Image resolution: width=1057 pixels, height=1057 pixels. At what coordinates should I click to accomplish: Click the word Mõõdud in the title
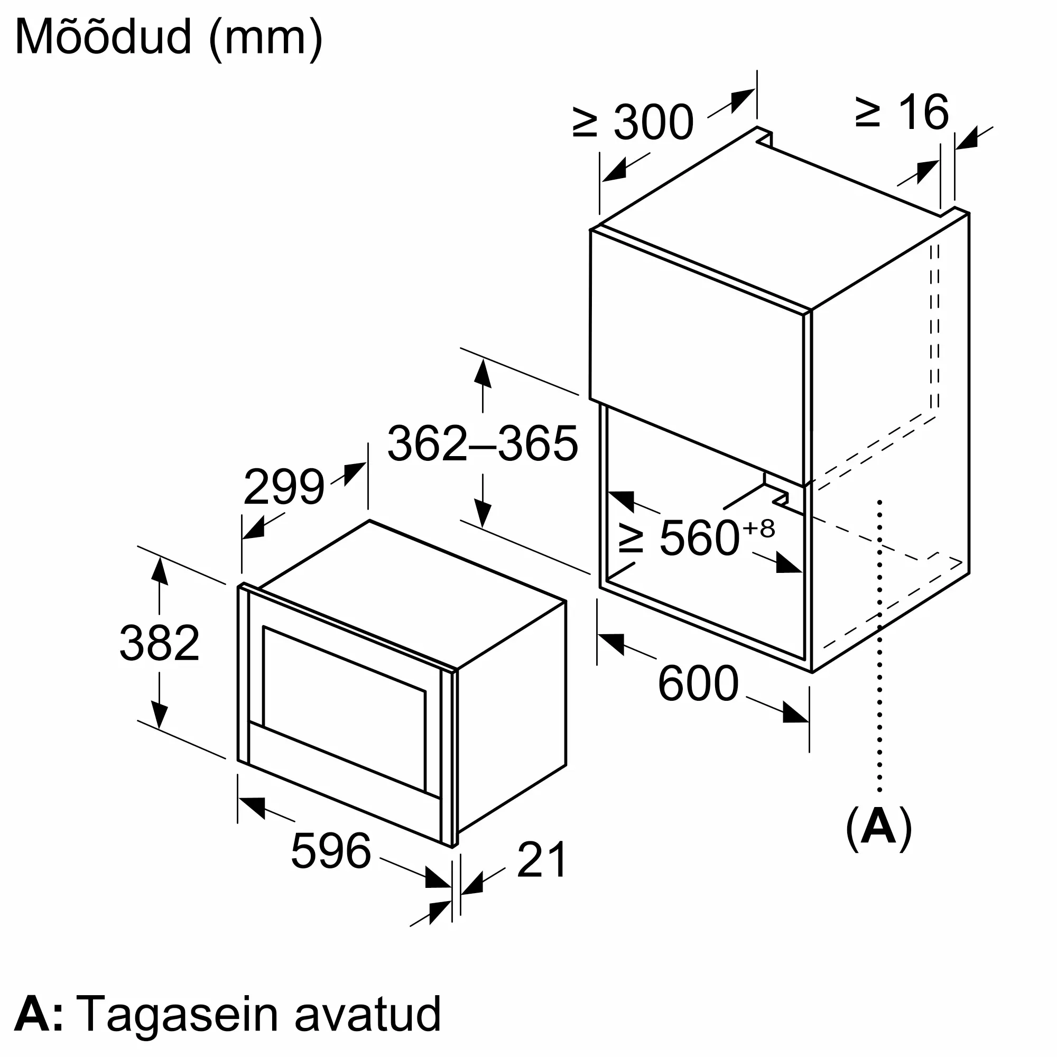[104, 36]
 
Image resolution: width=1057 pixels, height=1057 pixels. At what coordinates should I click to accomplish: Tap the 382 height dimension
[159, 643]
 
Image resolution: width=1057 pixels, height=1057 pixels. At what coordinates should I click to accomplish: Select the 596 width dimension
[331, 851]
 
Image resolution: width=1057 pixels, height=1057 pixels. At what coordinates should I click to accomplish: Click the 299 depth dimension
[283, 487]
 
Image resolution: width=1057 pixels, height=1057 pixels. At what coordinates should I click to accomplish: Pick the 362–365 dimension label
[482, 444]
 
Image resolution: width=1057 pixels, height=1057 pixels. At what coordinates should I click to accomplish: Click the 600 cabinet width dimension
[698, 683]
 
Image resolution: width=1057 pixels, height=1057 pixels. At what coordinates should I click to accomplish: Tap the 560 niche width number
[700, 539]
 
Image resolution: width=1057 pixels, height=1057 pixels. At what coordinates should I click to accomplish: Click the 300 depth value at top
[654, 123]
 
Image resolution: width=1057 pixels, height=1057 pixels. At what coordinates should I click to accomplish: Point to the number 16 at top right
[923, 112]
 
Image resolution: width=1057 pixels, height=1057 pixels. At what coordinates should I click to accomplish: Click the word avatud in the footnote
[367, 1013]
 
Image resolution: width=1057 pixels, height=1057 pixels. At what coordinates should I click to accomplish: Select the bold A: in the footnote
[39, 1013]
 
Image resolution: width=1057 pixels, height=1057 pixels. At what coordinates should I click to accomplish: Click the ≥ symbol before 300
[585, 123]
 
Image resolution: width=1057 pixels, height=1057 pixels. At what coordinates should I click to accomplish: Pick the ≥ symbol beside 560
[631, 539]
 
